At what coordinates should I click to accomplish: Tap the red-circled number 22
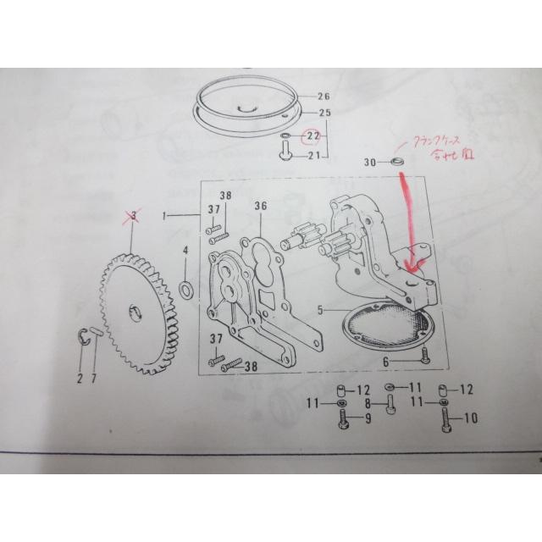312,135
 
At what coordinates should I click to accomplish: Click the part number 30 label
369,162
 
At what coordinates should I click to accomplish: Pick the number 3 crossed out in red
131,218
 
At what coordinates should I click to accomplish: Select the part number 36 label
260,206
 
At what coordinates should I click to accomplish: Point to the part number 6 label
385,361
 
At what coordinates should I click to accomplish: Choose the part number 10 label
471,418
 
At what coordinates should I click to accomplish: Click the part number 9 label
367,418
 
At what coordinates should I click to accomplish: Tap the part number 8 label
367,404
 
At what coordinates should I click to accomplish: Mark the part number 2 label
80,379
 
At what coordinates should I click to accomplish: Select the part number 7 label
94,379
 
